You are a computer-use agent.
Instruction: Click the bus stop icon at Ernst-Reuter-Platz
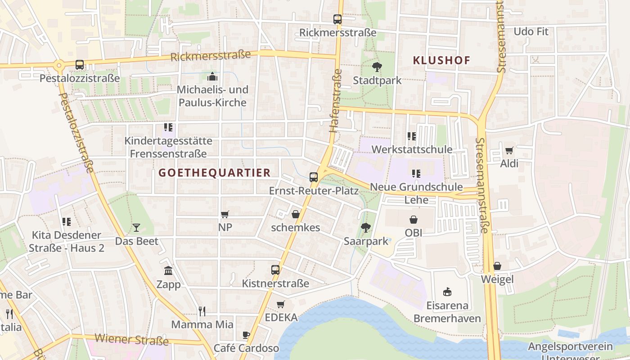coord(314,177)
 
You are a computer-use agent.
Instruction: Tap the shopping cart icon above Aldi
coord(509,150)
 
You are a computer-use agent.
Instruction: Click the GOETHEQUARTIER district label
coord(215,173)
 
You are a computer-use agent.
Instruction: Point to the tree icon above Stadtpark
coord(377,67)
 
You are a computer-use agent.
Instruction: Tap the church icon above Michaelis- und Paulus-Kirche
coord(212,76)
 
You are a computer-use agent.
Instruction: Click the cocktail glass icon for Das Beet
coord(136,228)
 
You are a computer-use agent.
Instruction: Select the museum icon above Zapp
coord(168,270)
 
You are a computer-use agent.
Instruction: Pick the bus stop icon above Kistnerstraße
coord(275,270)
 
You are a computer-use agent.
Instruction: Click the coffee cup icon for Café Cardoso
coord(246,335)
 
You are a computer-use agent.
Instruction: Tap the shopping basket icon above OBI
coord(414,220)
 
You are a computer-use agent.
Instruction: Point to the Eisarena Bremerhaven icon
coord(447,292)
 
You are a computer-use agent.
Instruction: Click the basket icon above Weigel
coord(497,266)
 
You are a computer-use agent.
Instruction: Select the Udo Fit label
coord(531,31)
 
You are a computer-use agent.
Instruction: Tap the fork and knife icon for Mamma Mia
coord(202,311)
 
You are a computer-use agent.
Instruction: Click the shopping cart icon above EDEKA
coord(281,304)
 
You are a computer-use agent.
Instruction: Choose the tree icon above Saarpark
coord(366,228)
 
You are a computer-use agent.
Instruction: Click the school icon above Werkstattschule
coord(411,136)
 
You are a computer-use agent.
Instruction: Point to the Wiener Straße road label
coord(131,339)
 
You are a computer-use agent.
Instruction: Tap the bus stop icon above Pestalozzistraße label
coord(80,65)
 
